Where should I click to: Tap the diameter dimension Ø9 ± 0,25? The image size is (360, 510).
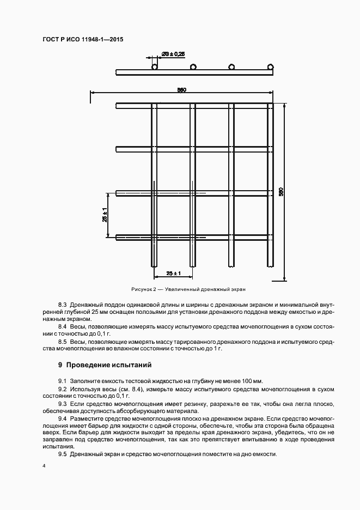174,53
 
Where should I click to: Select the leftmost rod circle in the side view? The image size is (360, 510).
155,67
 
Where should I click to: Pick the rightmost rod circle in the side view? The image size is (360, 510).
270,67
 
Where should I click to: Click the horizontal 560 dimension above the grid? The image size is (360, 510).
182,90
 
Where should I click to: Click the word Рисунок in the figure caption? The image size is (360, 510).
143,289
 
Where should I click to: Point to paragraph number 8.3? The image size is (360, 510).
62,303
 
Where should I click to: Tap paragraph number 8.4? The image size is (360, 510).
62,326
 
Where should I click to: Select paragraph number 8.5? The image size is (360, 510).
62,342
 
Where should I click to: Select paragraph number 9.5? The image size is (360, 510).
62,454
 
